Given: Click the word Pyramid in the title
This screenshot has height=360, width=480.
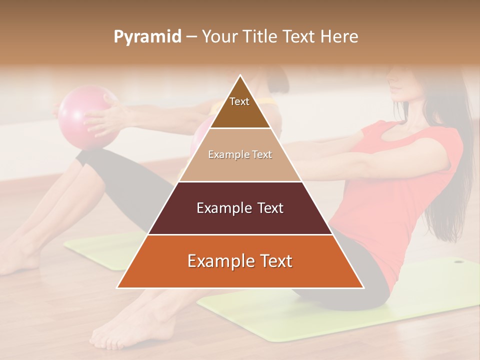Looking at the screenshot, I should [147, 36].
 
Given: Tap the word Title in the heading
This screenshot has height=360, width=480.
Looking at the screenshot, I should [260, 36].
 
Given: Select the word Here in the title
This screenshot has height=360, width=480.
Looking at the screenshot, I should [339, 36].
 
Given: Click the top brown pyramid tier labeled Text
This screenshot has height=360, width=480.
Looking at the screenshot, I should [240, 107].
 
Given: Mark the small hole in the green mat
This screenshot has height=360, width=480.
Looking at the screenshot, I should [457, 260].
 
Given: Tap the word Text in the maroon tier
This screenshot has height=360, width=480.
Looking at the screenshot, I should [269, 208].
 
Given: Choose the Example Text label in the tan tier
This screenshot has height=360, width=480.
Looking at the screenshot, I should [240, 155].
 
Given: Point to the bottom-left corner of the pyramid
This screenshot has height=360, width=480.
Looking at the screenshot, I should [117, 287].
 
